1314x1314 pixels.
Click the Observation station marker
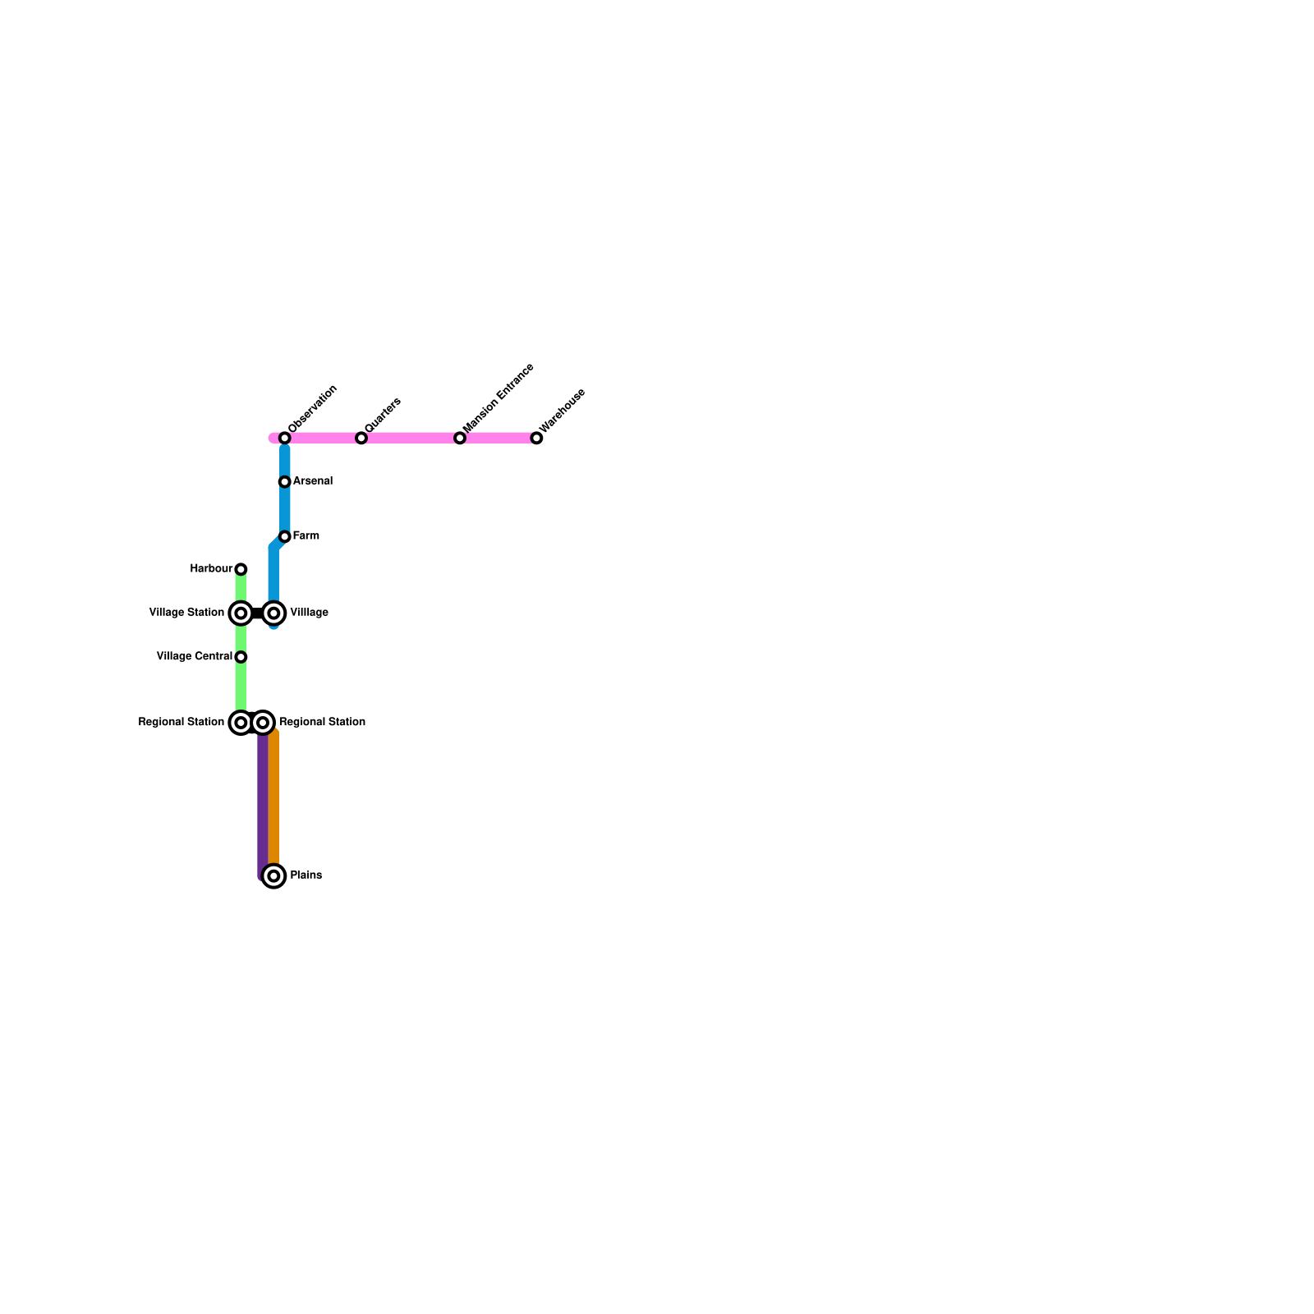click(285, 438)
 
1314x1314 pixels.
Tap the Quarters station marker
click(361, 438)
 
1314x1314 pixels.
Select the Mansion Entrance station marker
click(460, 438)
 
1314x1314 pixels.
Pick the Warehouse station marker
click(536, 438)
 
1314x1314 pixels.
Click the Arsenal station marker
click(285, 481)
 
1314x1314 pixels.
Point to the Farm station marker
click(285, 536)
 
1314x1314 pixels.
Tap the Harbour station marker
click(241, 569)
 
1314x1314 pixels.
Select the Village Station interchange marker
click(241, 613)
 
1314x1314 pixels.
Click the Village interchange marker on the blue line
click(274, 613)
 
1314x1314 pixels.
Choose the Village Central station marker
click(241, 657)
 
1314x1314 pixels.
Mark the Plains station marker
click(274, 876)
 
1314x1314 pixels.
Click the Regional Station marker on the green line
click(241, 723)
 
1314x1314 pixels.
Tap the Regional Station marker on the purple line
click(263, 723)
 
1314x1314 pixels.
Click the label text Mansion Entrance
click(498, 398)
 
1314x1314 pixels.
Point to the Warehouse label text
click(563, 410)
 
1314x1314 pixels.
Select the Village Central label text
click(195, 656)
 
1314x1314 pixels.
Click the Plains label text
click(306, 875)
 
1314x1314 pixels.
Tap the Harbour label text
click(211, 568)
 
